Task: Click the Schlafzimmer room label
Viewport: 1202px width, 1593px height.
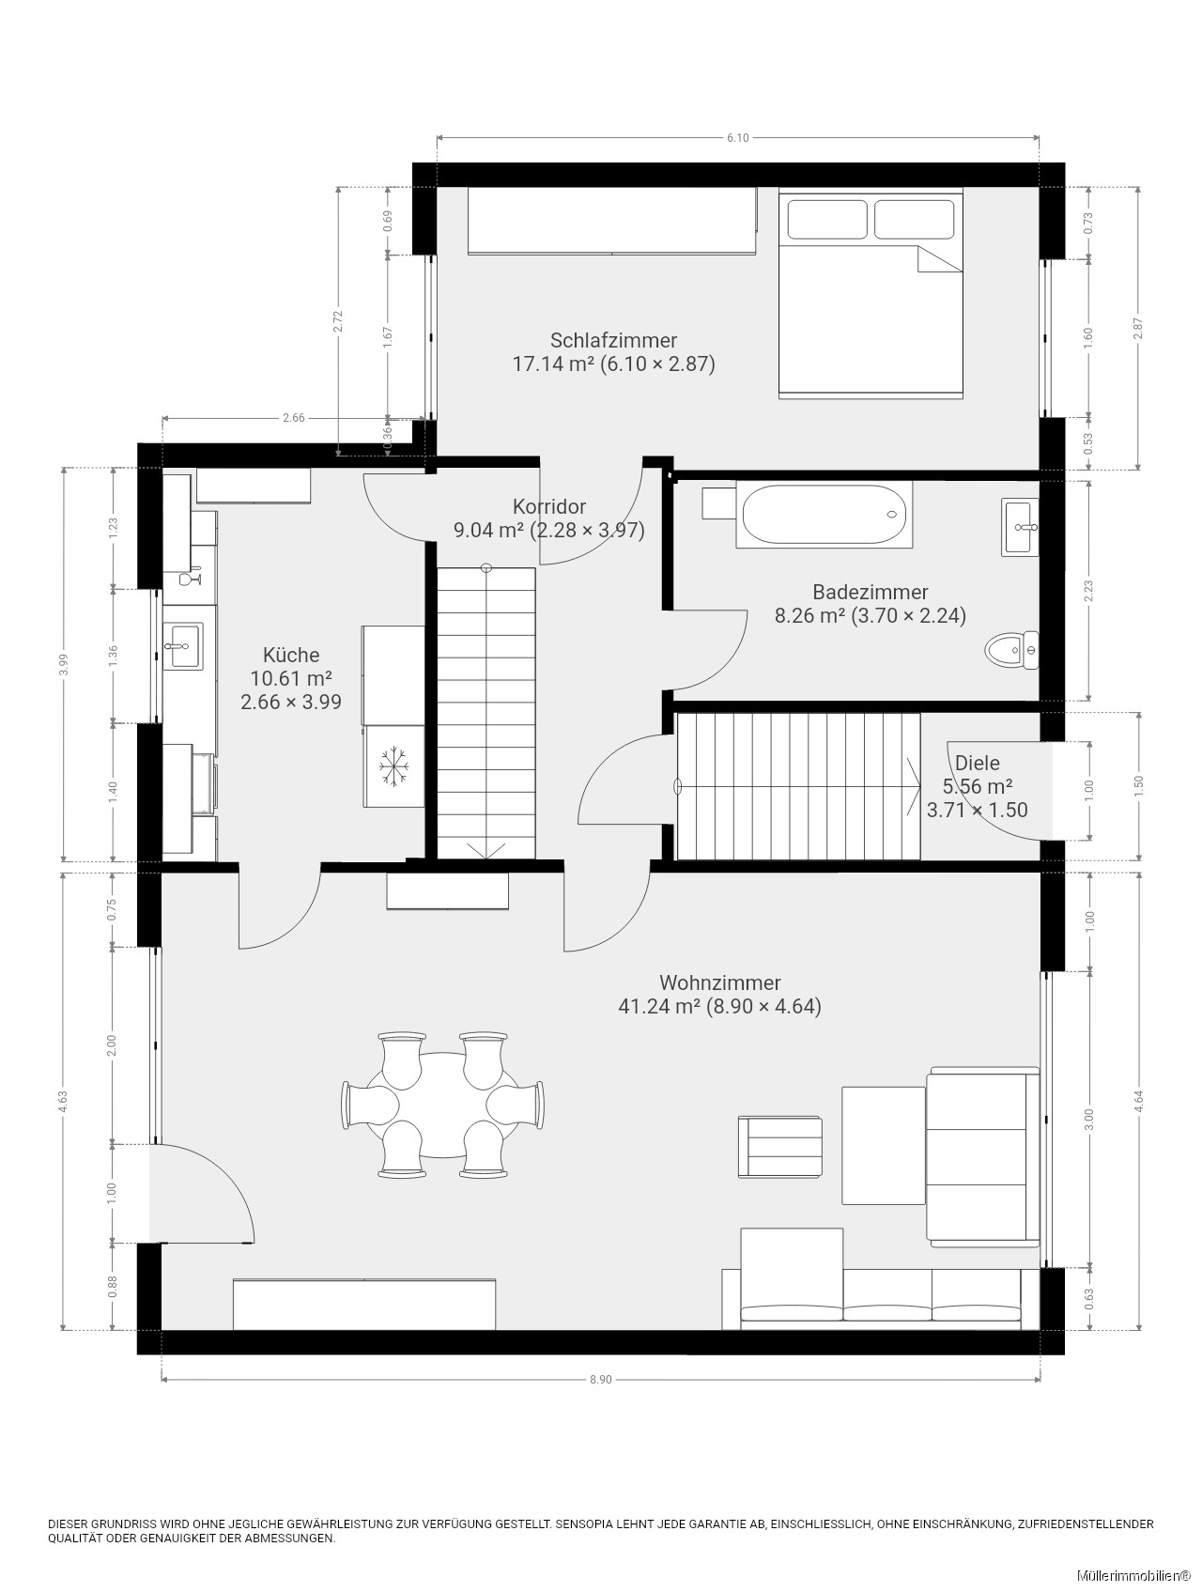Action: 613,340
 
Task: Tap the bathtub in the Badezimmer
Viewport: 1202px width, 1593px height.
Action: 824,515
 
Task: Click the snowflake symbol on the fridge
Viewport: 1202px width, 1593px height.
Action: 392,766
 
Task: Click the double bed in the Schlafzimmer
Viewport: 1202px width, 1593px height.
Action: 871,293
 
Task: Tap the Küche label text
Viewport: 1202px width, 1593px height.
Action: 291,655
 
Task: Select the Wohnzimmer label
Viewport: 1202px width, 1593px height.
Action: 720,982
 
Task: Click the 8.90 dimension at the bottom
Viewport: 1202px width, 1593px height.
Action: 601,1379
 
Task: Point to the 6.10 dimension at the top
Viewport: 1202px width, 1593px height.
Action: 738,138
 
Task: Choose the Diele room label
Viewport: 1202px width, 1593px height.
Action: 978,763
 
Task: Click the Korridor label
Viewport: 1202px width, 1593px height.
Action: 549,507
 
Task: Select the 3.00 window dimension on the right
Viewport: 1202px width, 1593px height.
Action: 1089,1118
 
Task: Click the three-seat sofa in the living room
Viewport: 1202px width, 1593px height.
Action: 880,1298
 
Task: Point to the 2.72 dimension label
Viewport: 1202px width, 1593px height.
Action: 338,321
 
